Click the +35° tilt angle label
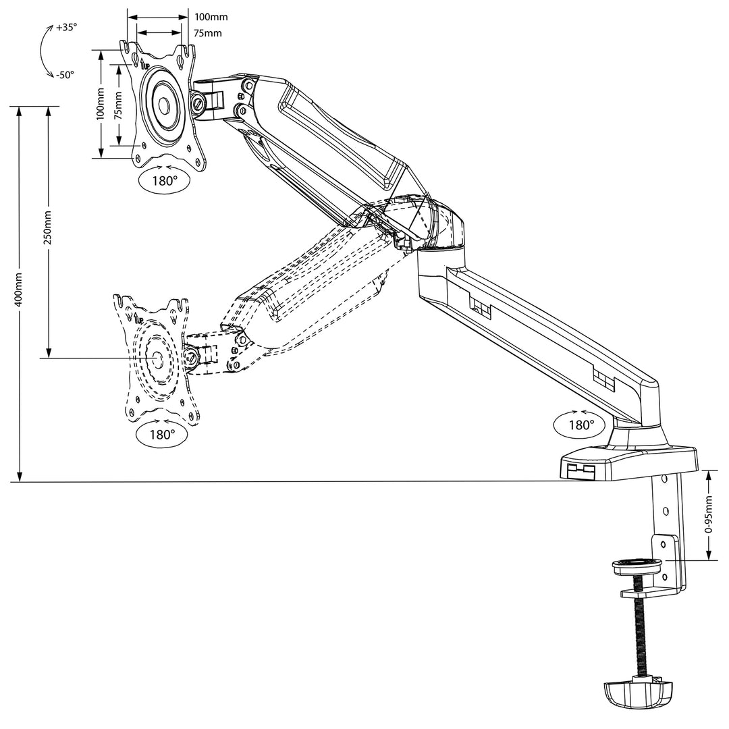click(x=66, y=28)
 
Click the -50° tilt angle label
click(x=65, y=75)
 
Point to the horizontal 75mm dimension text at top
click(x=208, y=33)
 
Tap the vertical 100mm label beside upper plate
click(x=100, y=105)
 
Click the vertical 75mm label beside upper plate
click(x=118, y=105)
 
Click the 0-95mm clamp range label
click(x=708, y=514)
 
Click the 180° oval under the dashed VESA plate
click(x=161, y=435)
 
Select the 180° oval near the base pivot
click(x=580, y=425)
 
